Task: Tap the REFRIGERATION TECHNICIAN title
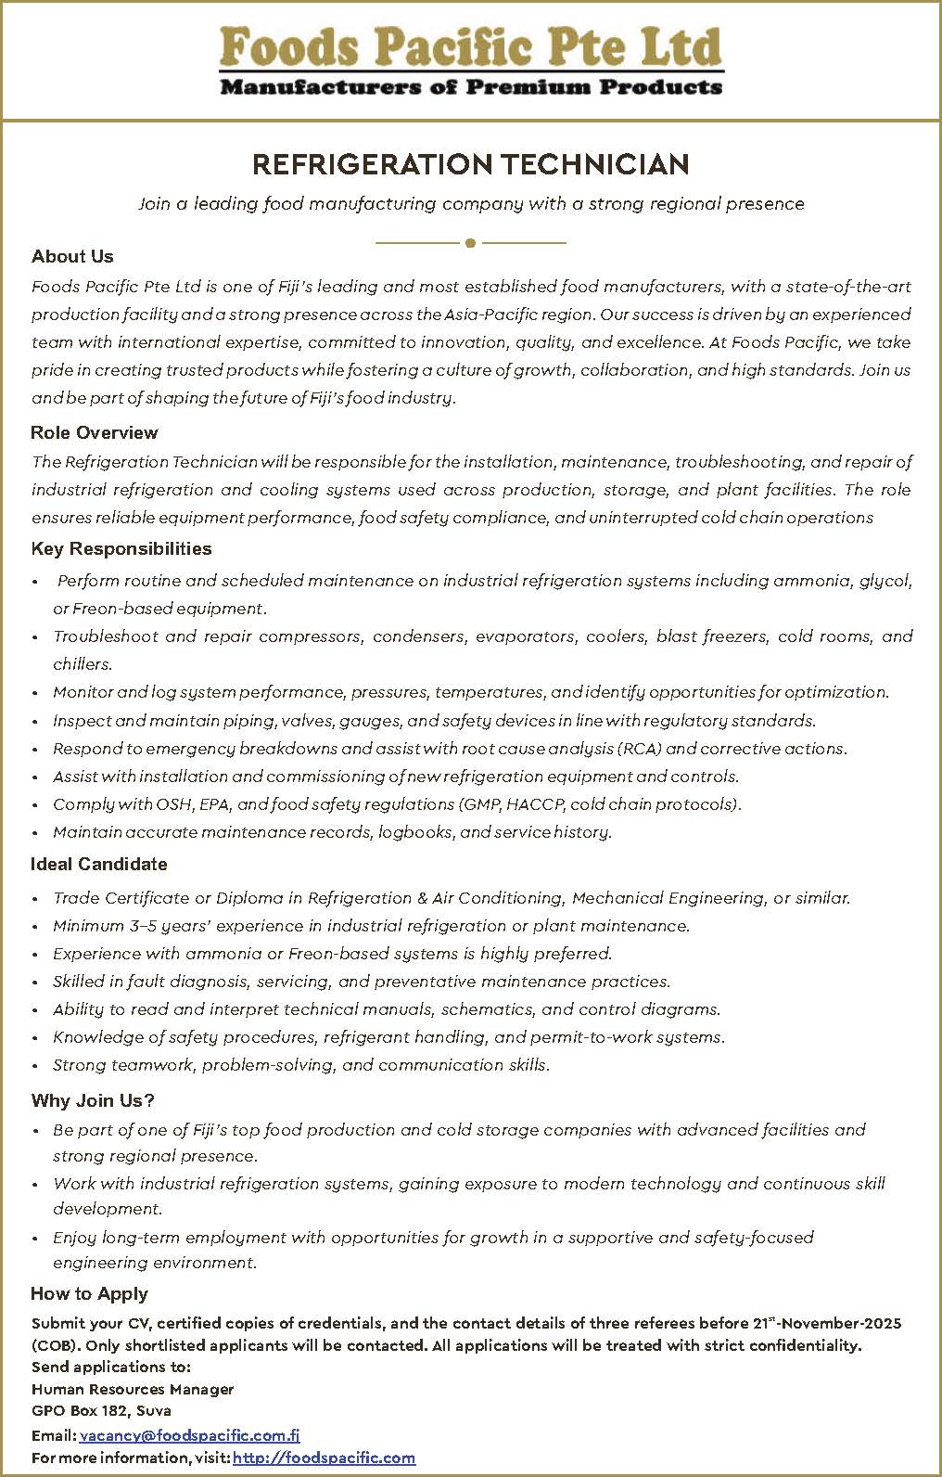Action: [x=471, y=165]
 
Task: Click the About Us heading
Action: [x=72, y=257]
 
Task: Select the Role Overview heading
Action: [x=94, y=433]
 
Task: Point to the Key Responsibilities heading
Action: [x=121, y=549]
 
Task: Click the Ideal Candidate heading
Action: [x=98, y=865]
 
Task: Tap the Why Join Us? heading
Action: [x=92, y=1101]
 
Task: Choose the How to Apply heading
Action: [x=89, y=1294]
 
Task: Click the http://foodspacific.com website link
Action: [x=324, y=1458]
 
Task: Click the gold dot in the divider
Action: [x=471, y=243]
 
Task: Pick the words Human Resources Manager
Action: [x=133, y=1390]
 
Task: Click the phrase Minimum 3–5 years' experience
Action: [x=176, y=926]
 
